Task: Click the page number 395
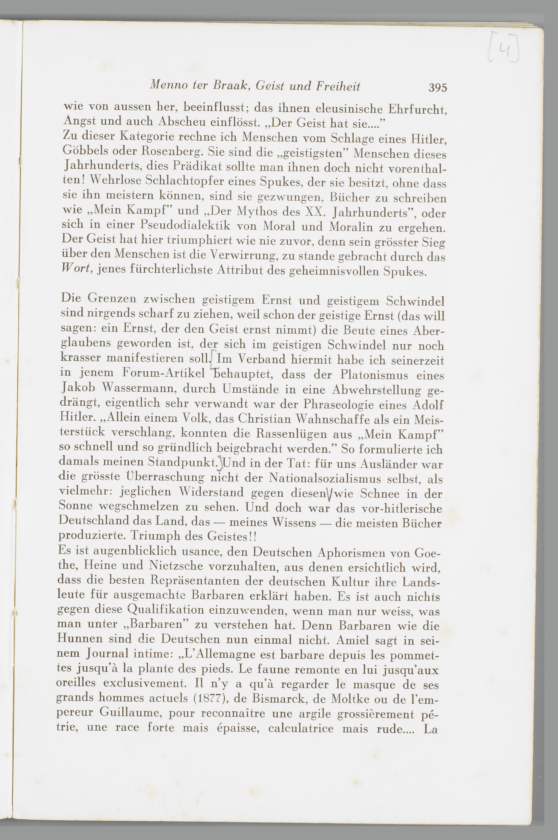pos(438,87)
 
